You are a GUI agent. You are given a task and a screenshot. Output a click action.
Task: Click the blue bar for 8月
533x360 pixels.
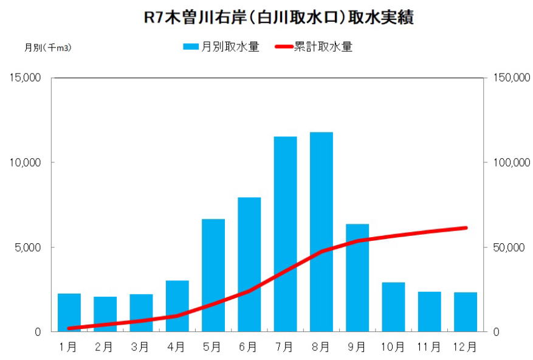tap(321, 231)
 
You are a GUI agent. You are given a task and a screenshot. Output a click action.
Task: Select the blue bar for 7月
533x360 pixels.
tap(285, 234)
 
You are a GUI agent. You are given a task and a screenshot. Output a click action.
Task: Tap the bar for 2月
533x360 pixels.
tap(105, 314)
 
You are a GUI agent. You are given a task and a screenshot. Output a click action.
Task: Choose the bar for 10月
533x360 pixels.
tap(393, 306)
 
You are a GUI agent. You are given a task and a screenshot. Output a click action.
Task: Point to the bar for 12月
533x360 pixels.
tap(465, 311)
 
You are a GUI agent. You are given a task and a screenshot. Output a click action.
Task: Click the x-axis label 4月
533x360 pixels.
tap(176, 347)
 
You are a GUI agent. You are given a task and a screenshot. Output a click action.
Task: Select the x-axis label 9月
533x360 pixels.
tap(357, 347)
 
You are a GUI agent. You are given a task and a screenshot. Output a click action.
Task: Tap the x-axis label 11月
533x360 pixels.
tap(428, 347)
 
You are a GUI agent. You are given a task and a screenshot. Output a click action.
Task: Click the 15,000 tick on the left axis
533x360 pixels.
tap(25, 78)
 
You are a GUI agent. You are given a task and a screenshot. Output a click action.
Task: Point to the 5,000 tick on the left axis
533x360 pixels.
tap(27, 247)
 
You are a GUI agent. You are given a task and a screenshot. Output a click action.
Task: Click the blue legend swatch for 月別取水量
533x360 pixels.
tap(191, 47)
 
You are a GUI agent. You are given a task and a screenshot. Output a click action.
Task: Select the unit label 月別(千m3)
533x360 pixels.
tap(48, 47)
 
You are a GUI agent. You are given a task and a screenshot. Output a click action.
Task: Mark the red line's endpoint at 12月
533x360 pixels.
tap(465, 228)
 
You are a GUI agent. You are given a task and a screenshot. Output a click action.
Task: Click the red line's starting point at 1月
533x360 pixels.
tap(69, 328)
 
